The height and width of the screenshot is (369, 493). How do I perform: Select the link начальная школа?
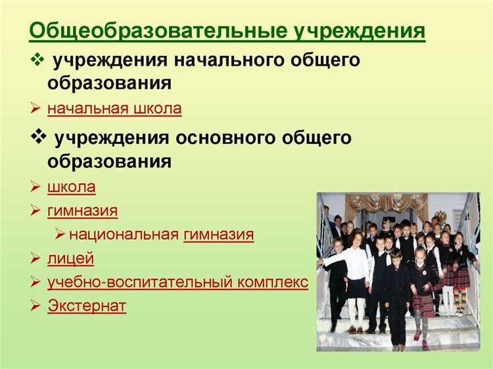[x=114, y=109]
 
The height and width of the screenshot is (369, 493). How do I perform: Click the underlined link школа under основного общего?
[x=71, y=187]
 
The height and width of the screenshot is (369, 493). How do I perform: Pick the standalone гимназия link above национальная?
[x=82, y=211]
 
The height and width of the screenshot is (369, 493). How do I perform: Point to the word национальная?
[x=124, y=235]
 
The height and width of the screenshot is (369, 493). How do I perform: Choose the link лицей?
[x=70, y=258]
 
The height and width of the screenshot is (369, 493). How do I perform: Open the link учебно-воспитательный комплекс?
[x=177, y=282]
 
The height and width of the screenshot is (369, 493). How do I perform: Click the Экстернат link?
[x=87, y=306]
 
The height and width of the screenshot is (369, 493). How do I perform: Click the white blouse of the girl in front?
[x=356, y=263]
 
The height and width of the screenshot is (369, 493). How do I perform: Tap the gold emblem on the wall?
[x=440, y=216]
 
